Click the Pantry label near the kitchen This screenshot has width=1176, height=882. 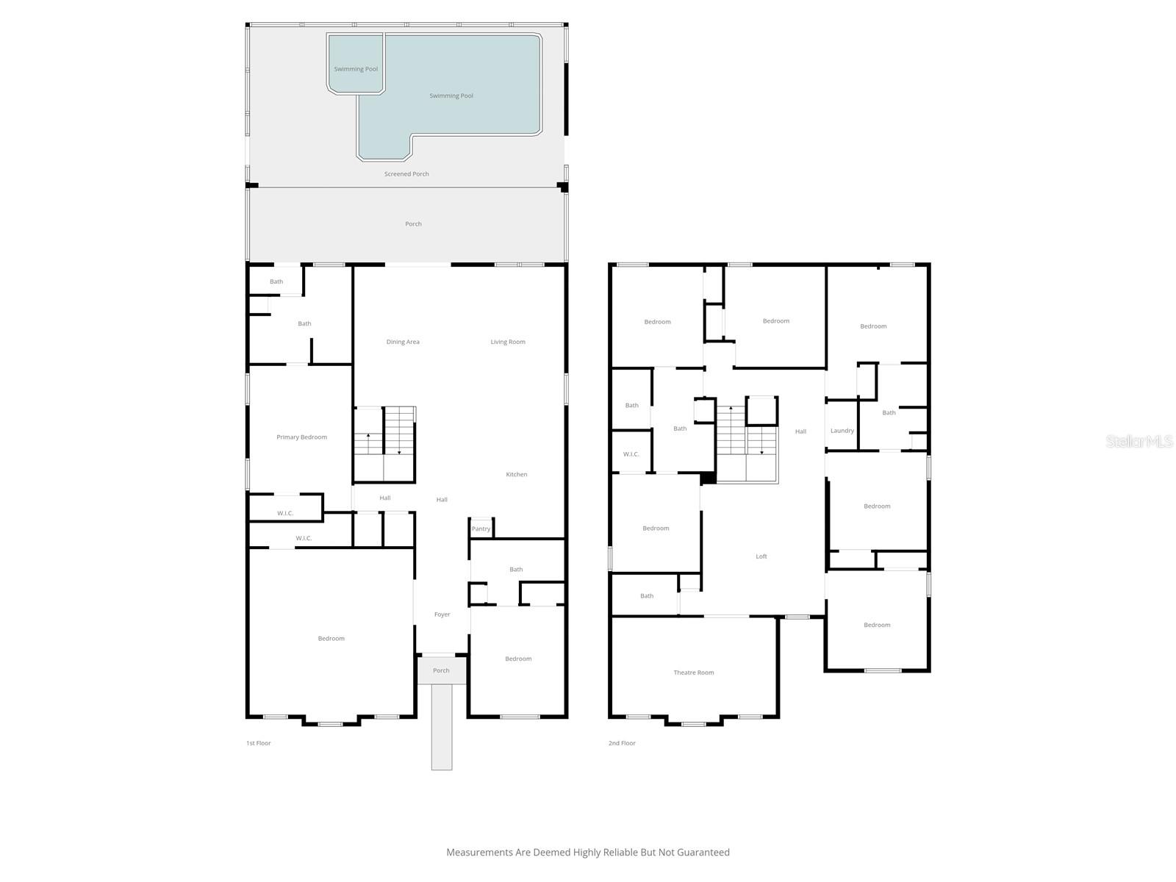[x=481, y=529]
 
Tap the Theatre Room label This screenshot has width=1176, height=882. [x=693, y=673]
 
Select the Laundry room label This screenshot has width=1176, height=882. [x=842, y=431]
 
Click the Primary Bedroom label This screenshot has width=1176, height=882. [x=301, y=437]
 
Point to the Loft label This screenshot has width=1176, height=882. [x=761, y=556]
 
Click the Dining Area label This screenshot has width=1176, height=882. [x=403, y=342]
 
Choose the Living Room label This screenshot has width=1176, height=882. [x=508, y=342]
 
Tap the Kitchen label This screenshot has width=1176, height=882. [x=516, y=474]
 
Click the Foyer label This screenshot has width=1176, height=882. [x=442, y=614]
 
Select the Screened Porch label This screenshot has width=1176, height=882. [x=406, y=174]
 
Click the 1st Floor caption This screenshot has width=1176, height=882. [x=258, y=743]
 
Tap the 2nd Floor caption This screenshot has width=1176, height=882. [x=622, y=743]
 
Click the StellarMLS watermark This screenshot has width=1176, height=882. [x=1139, y=441]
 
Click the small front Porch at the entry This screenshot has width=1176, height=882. [x=441, y=670]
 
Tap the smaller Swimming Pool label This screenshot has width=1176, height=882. [x=356, y=69]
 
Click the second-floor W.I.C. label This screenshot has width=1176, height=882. [x=631, y=454]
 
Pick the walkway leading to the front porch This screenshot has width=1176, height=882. [x=441, y=728]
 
